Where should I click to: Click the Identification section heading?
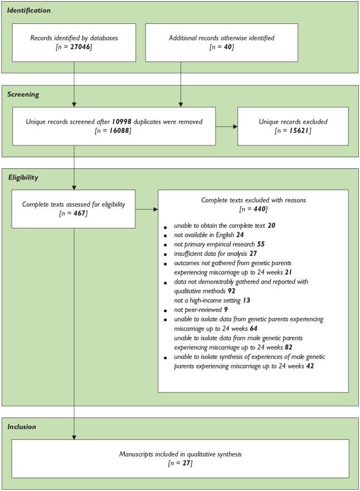(29, 11)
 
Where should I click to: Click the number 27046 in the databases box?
(80, 48)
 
